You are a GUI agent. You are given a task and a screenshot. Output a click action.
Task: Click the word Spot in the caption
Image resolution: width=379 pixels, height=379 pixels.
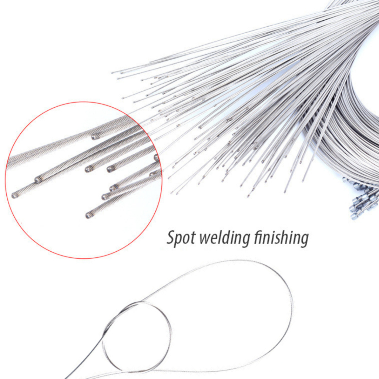click(181, 238)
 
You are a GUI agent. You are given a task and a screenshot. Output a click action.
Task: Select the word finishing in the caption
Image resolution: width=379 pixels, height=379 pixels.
click(281, 238)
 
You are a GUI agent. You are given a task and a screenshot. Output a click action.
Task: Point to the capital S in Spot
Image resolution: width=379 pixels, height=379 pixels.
click(171, 237)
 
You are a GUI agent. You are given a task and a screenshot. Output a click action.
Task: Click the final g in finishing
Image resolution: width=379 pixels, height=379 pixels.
click(304, 240)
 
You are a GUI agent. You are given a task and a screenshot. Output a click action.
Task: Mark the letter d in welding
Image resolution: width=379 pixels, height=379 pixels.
click(228, 237)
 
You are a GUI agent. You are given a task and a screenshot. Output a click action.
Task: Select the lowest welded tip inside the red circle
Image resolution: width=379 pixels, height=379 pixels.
click(89, 215)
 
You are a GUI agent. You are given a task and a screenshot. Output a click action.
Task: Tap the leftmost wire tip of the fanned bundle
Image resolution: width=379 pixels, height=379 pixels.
click(113, 72)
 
